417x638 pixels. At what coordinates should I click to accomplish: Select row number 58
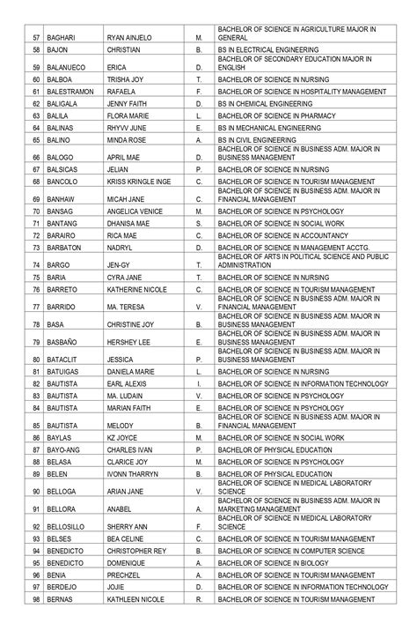click(37, 52)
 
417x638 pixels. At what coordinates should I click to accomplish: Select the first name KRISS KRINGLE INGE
click(138, 182)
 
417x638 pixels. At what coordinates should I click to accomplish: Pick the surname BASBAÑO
click(64, 342)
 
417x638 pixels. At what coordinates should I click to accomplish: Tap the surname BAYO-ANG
click(65, 449)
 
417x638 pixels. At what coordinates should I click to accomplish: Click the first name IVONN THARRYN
click(133, 474)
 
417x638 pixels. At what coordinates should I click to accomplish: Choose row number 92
click(37, 527)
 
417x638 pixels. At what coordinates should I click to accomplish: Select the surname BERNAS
click(61, 600)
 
